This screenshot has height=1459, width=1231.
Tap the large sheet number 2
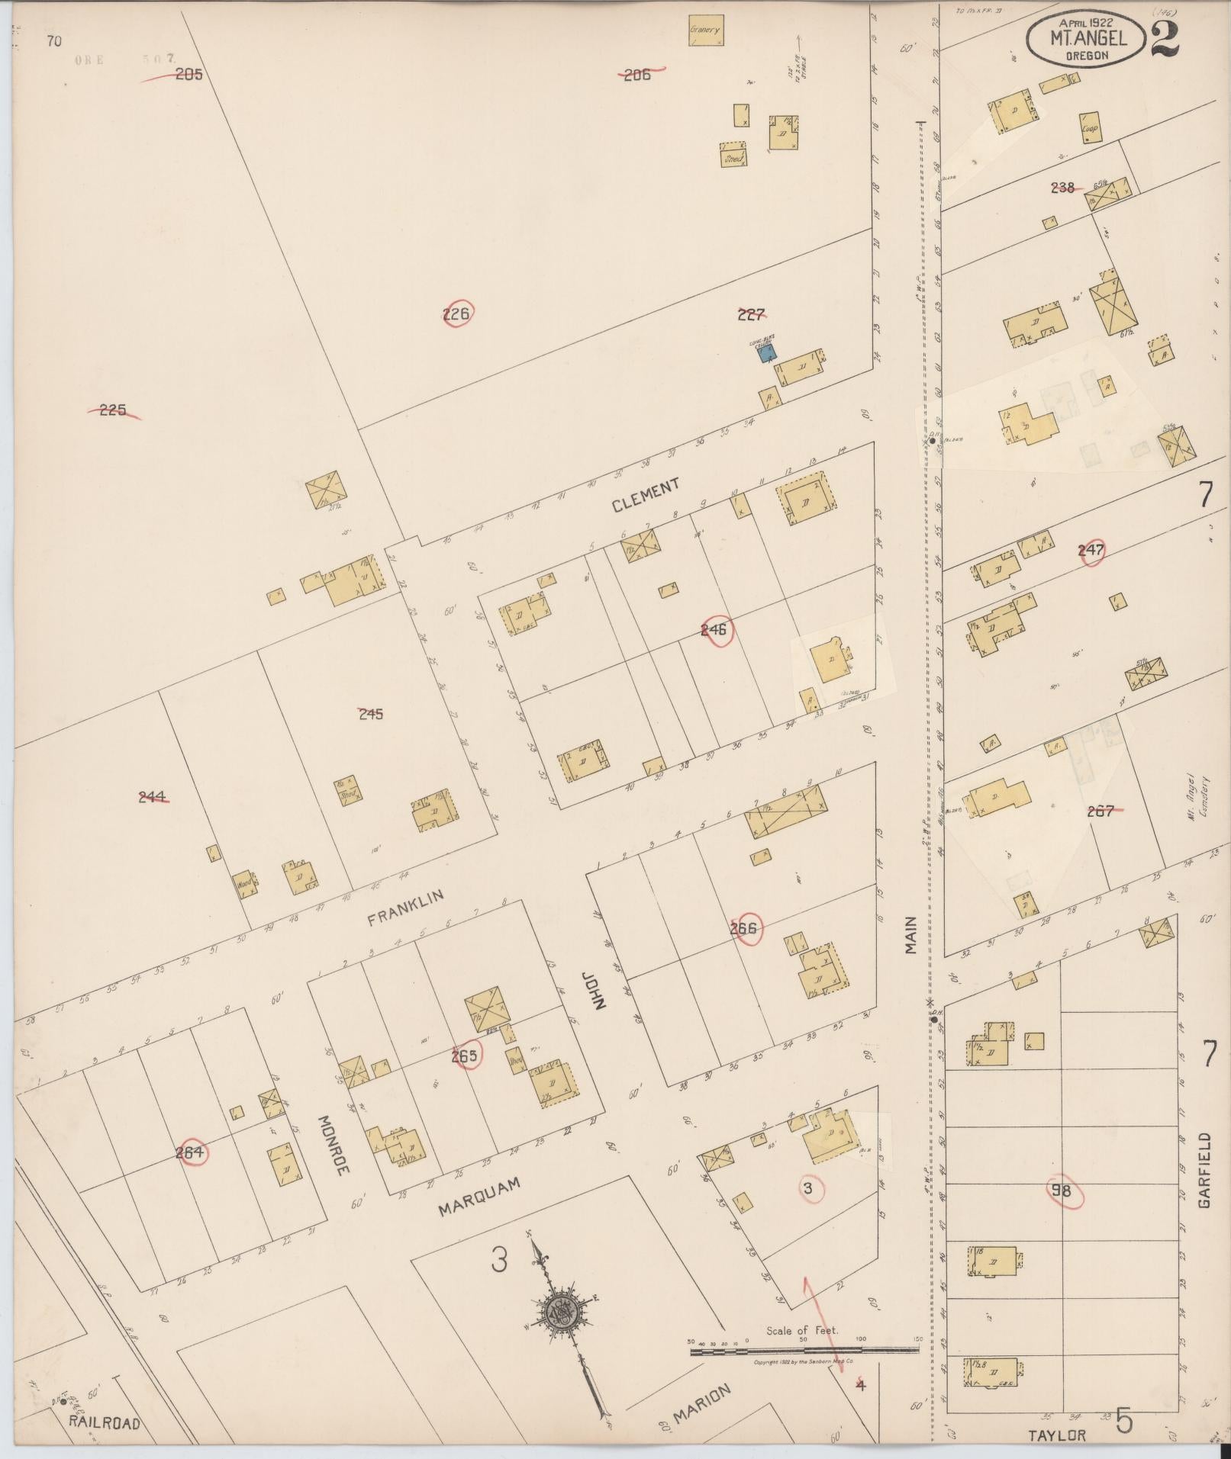point(1163,36)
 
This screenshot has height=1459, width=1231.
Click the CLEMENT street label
point(646,496)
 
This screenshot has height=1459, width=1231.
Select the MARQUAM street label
point(480,1197)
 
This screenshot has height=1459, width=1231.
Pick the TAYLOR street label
point(1057,1435)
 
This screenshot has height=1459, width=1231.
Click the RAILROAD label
point(105,1422)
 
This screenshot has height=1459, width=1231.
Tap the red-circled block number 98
point(1061,1191)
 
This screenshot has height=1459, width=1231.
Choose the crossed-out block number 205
point(188,75)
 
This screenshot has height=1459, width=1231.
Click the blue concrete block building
point(767,352)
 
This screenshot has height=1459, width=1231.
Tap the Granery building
point(705,31)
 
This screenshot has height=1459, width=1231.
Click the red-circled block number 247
point(1091,550)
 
